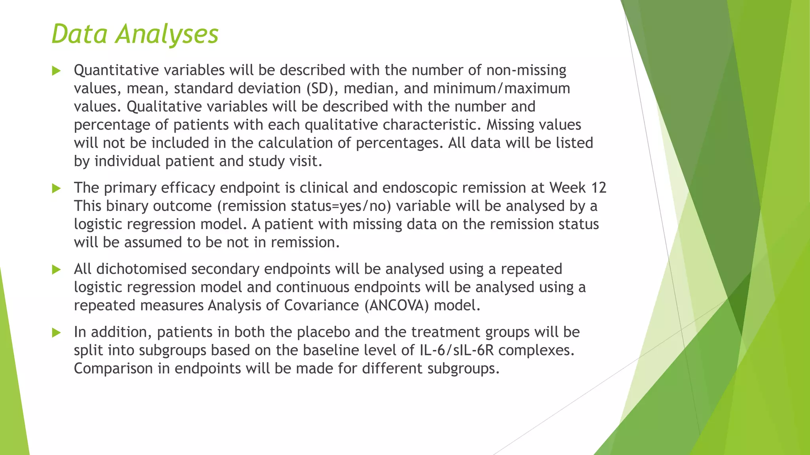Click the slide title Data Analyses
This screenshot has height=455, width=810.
(135, 34)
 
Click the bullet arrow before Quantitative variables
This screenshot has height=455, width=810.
(57, 71)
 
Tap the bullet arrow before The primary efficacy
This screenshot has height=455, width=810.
(57, 188)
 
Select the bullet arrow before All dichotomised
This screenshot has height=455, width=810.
(57, 270)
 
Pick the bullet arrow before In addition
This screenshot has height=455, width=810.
(57, 333)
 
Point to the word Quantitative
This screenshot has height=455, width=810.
(116, 70)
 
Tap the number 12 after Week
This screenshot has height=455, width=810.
(598, 188)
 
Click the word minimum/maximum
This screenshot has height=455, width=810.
(502, 88)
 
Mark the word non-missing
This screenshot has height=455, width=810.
(526, 70)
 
